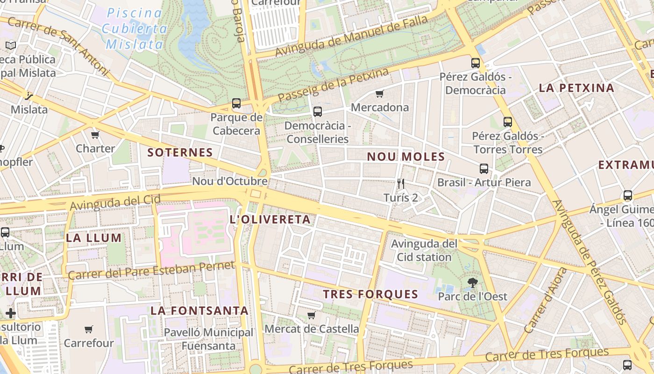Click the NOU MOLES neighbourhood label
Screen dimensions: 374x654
[405, 157]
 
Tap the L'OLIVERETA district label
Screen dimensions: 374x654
[270, 219]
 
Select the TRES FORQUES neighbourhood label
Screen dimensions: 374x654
[370, 294]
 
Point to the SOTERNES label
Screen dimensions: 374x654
[180, 152]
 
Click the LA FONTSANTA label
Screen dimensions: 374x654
[199, 310]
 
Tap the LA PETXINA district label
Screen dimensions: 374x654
[576, 88]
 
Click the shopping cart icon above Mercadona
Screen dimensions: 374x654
[380, 93]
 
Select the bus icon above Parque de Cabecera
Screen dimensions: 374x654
[236, 103]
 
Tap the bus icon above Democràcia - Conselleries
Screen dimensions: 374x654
[318, 111]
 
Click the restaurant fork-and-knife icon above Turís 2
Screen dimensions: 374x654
[400, 184]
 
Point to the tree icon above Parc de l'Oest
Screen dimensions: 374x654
[472, 282]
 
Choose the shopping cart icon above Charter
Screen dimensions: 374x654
[95, 135]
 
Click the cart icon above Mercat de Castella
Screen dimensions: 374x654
[312, 315]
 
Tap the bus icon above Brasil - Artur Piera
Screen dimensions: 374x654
[484, 169]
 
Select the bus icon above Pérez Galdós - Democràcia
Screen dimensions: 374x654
[476, 63]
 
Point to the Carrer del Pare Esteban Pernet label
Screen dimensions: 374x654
[151, 270]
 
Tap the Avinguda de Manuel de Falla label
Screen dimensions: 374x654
[351, 35]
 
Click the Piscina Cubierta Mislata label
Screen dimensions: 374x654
[135, 29]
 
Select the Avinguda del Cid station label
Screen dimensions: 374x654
[424, 250]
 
